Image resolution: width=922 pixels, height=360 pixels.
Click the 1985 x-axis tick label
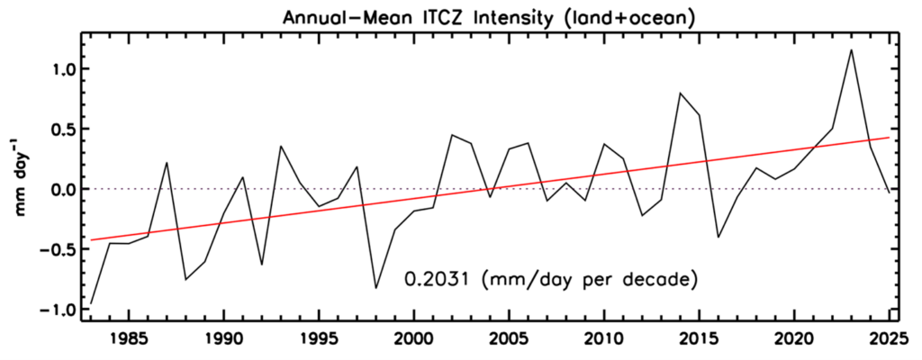[129, 341]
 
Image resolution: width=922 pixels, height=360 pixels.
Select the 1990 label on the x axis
[224, 341]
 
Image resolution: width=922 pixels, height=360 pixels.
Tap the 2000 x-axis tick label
[414, 341]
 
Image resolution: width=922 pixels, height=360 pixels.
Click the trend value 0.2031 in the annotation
[437, 280]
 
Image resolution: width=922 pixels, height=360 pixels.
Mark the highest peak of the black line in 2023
[851, 49]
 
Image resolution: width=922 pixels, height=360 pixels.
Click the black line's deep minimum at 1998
[375, 288]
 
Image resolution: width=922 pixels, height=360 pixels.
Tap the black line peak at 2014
[680, 93]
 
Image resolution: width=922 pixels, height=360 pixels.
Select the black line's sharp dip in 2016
[718, 238]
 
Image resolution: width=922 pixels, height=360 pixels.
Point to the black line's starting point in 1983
[91, 303]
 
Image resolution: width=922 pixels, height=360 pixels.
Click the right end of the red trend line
[889, 138]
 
